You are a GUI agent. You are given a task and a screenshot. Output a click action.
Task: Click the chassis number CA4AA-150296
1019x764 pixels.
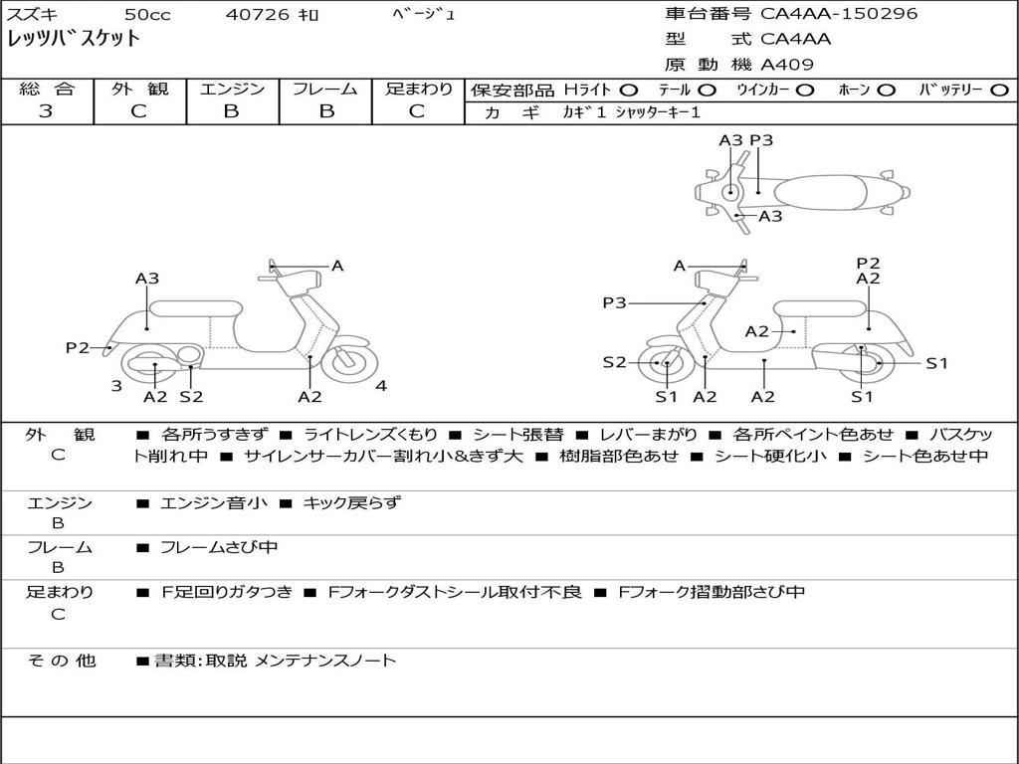click(839, 13)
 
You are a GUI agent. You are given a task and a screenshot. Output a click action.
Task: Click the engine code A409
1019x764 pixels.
click(787, 65)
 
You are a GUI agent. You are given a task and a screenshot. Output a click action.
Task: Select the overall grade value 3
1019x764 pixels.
click(46, 111)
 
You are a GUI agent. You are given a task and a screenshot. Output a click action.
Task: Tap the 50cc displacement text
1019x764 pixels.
click(147, 14)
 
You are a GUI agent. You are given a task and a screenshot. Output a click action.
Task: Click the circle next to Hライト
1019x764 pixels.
click(629, 91)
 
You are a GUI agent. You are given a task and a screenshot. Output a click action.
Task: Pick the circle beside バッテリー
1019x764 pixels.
click(999, 91)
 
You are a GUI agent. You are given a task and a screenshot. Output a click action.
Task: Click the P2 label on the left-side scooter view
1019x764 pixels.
click(78, 347)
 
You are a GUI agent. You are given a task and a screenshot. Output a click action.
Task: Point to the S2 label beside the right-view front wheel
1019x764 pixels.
click(614, 362)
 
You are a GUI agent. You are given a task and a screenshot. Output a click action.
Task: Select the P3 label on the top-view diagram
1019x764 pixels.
click(761, 140)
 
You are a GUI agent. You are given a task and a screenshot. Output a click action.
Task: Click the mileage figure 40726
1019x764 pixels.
click(258, 14)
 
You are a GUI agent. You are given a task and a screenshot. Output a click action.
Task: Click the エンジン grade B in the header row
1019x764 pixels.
click(231, 111)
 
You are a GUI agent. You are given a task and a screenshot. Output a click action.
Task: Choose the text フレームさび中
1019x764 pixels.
click(219, 548)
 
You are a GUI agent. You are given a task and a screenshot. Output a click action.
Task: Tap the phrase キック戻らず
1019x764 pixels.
click(352, 502)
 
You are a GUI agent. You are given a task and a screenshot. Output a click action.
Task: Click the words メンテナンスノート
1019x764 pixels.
click(325, 661)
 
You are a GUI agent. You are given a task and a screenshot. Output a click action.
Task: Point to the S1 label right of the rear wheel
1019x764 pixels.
click(936, 363)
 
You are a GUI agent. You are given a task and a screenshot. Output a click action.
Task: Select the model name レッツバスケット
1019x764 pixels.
click(74, 39)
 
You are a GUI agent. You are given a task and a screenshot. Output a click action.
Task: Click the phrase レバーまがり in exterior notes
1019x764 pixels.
click(648, 435)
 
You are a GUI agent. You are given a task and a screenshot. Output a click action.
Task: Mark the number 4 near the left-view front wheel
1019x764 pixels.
click(381, 386)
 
